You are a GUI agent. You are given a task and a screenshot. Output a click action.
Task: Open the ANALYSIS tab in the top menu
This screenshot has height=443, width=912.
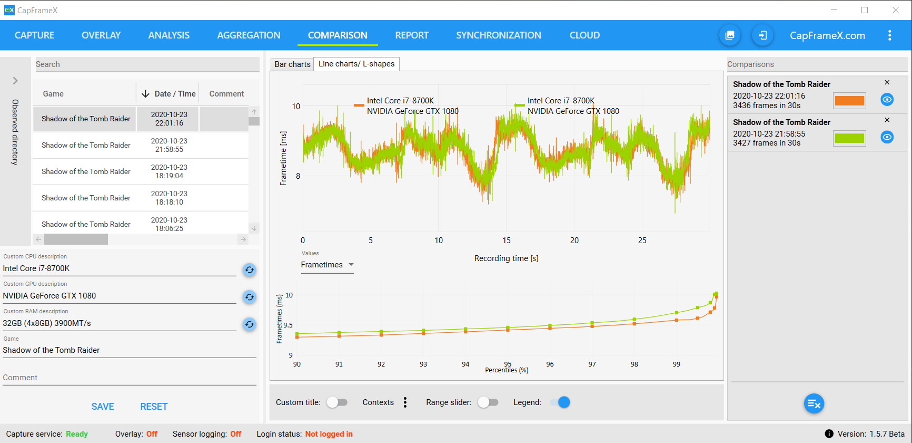(168, 35)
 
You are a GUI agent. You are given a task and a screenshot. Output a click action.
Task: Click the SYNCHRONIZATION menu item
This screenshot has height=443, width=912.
(498, 35)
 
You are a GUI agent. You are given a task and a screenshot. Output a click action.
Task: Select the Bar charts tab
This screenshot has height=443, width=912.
(292, 64)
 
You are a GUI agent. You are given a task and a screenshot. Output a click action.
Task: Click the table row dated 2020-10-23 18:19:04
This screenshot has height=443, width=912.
(141, 171)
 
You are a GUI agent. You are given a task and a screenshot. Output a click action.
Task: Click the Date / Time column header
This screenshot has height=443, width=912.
(168, 94)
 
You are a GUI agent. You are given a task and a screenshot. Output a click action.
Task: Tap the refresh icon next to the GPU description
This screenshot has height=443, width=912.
(250, 297)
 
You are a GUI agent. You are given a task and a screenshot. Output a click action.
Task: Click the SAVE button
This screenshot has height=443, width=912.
(103, 407)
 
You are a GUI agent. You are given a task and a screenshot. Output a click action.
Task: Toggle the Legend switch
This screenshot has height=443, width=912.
(560, 402)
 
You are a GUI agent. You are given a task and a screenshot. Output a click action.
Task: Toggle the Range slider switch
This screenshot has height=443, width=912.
(488, 402)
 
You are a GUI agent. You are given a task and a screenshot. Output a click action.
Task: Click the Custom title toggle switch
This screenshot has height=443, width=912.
(337, 402)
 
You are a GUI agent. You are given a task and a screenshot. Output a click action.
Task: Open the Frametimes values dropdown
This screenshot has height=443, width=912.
(327, 265)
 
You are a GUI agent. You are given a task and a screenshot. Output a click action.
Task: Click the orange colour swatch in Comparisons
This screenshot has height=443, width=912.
(849, 100)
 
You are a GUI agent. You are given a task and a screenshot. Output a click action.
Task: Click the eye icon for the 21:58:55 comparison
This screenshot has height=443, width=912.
(887, 137)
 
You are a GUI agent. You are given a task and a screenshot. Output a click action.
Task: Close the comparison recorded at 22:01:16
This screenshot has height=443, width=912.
(887, 83)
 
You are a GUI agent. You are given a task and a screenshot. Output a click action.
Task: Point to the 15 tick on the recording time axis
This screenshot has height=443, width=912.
(507, 240)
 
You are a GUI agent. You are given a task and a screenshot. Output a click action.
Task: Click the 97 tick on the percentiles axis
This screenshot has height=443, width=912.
(592, 364)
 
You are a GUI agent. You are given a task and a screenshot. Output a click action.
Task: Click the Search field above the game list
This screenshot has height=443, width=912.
(147, 64)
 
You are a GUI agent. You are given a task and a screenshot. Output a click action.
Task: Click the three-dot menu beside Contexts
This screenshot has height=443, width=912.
(405, 402)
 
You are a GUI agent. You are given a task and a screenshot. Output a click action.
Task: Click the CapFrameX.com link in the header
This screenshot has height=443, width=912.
(827, 35)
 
